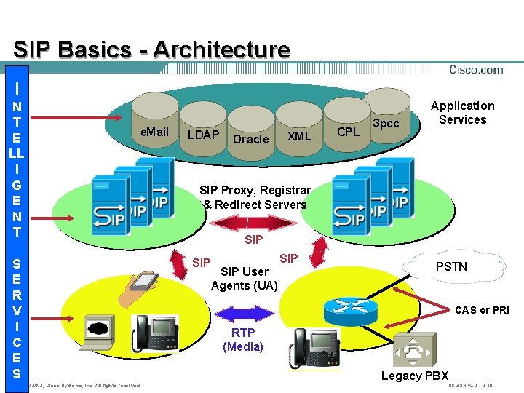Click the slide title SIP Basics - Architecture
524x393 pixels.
tap(151, 49)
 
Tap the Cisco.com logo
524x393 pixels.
tap(476, 70)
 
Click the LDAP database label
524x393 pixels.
tap(203, 135)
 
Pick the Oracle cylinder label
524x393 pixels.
tap(250, 139)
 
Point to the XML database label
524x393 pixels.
tap(299, 136)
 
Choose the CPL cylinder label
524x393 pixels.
tap(348, 132)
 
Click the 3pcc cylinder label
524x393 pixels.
tap(386, 123)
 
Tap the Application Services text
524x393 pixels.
tap(462, 113)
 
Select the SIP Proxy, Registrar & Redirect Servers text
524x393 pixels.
tap(255, 197)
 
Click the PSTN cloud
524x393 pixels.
tap(451, 266)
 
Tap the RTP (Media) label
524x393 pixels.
tap(243, 340)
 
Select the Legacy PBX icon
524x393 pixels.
tap(416, 352)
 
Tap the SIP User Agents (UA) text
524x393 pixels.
tap(244, 279)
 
